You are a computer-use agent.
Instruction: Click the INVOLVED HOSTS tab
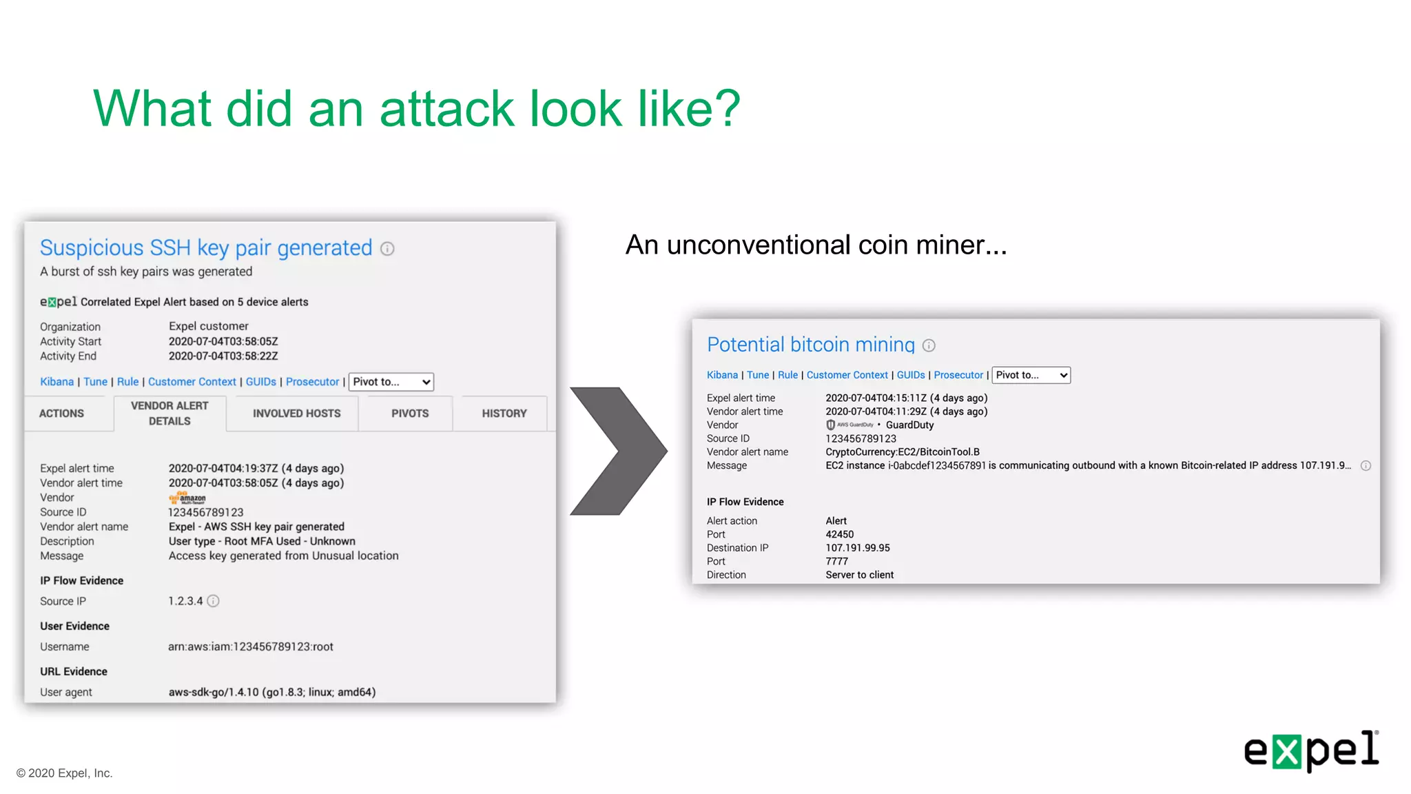(296, 414)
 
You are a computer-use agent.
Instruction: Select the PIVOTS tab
(410, 414)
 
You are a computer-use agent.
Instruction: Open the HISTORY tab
(504, 414)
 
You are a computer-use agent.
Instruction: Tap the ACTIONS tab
(61, 414)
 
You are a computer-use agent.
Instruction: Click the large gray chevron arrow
(618, 451)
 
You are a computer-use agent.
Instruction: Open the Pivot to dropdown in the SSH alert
(391, 382)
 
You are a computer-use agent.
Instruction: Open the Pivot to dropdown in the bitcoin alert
(1031, 375)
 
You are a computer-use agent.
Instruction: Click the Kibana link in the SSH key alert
(56, 382)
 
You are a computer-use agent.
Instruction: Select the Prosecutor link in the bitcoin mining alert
(958, 375)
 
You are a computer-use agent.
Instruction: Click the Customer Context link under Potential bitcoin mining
(847, 375)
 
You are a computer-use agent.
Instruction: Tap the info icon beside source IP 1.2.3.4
(214, 601)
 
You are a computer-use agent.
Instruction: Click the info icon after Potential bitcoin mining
(929, 345)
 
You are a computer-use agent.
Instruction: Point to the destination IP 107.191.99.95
(858, 548)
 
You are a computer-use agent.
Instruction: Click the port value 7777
(836, 561)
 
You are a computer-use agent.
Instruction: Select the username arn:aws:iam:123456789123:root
(251, 647)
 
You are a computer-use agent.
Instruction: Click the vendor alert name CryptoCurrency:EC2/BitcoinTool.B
(903, 452)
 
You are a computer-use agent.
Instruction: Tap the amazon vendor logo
(187, 498)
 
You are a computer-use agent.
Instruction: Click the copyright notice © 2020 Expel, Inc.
(64, 773)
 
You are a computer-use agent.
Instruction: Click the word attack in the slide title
(446, 108)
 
